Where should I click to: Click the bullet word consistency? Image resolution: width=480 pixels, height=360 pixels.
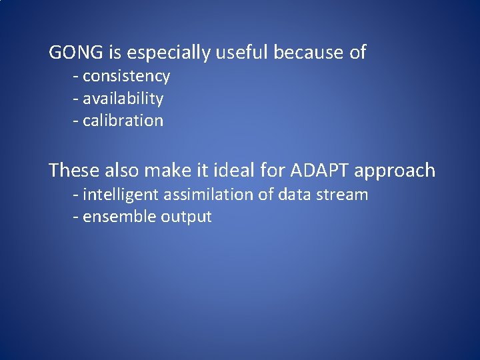(126, 77)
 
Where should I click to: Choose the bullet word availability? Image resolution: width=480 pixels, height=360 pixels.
(123, 99)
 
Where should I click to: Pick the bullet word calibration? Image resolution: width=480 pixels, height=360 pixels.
(123, 121)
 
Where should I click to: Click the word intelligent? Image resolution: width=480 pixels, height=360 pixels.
(120, 195)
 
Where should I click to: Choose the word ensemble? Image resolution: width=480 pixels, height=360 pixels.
(119, 217)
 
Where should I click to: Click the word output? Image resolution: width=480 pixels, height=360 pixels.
(186, 217)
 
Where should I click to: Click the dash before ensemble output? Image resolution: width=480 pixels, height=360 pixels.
(76, 217)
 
